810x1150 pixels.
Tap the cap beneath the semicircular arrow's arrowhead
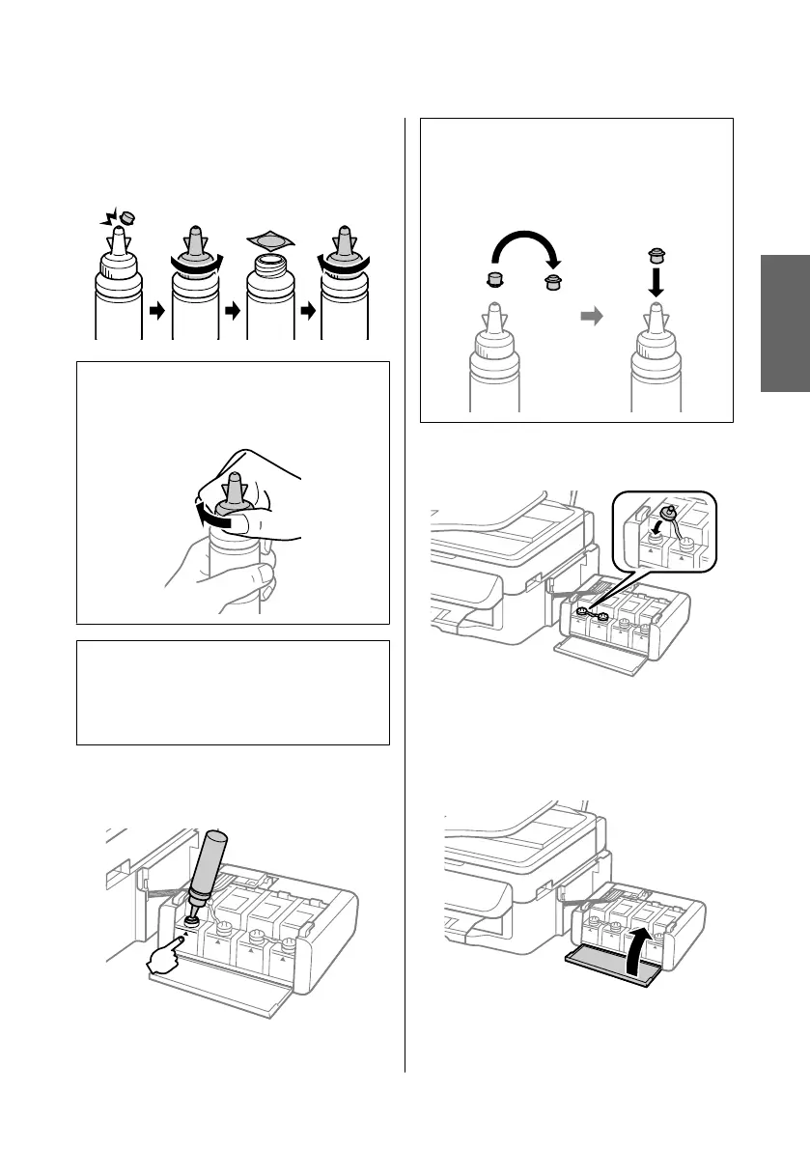[553, 282]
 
